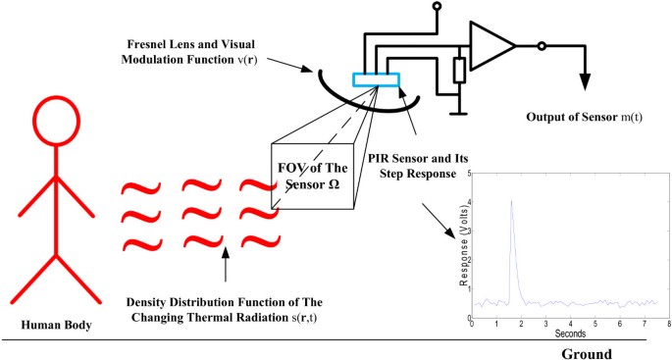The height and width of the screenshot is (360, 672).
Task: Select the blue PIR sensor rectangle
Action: tap(377, 80)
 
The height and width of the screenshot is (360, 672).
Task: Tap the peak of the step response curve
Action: tap(511, 201)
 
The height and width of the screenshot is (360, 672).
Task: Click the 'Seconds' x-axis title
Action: tap(569, 334)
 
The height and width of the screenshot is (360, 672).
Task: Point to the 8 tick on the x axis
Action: tap(668, 324)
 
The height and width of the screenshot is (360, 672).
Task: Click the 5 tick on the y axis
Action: tap(468, 172)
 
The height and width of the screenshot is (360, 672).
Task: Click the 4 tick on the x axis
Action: tap(570, 324)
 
